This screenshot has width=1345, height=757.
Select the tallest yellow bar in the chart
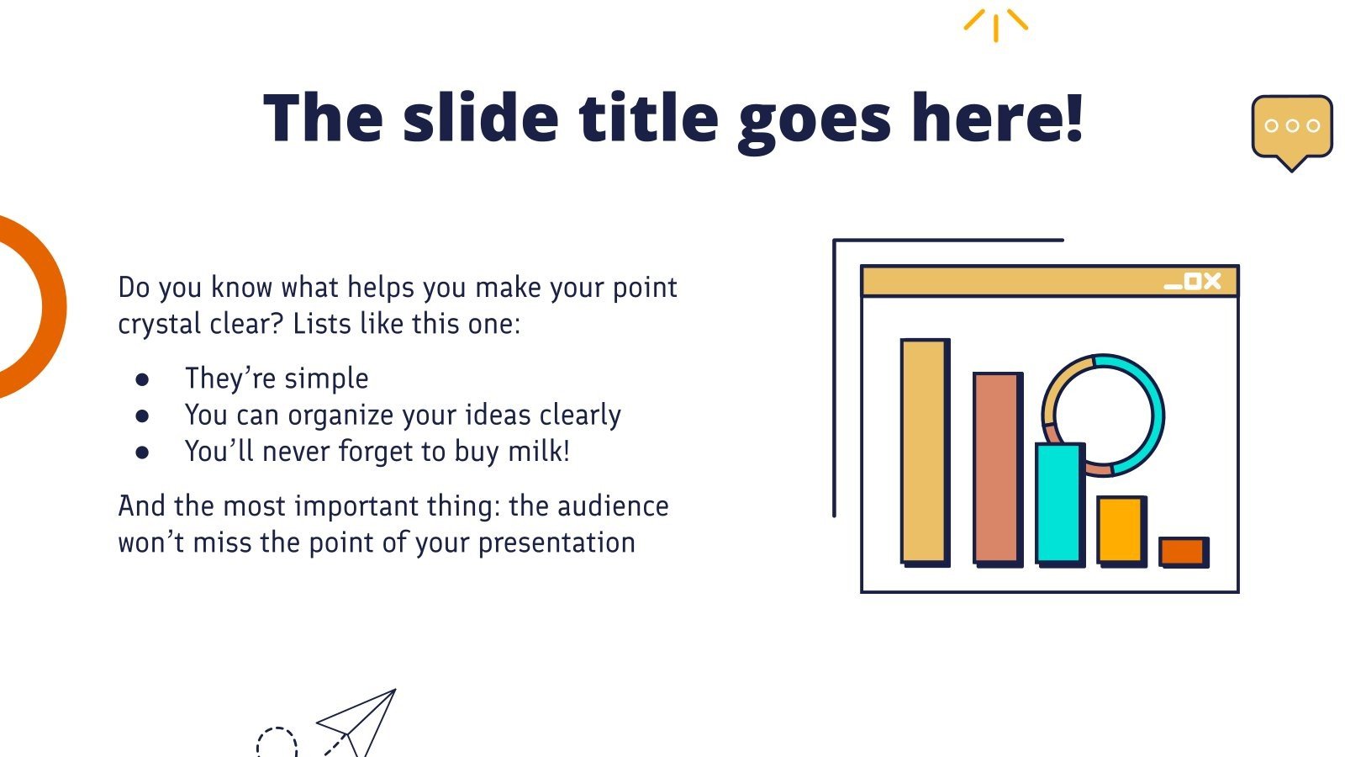(924, 451)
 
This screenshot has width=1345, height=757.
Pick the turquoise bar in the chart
(1058, 502)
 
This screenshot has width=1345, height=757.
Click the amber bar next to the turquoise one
(1120, 530)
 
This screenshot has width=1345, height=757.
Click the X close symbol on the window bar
(1211, 281)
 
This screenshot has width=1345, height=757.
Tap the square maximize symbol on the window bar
(1192, 282)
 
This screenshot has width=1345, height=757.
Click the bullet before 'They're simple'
(142, 380)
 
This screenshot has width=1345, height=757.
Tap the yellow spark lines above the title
(995, 24)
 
